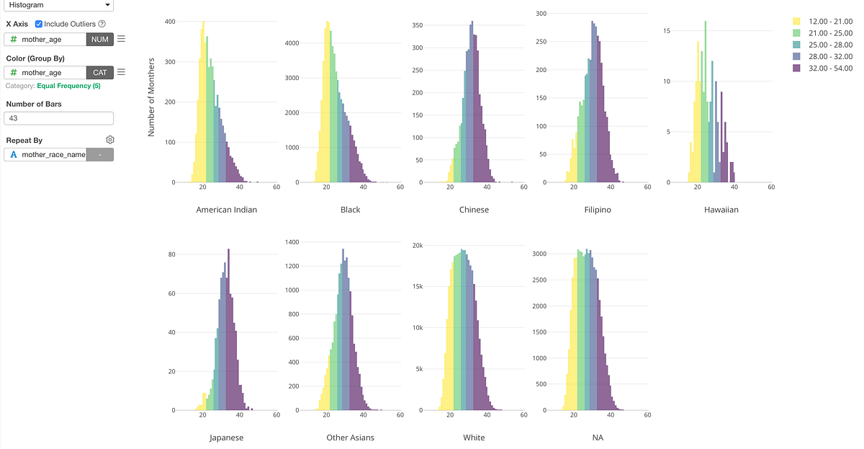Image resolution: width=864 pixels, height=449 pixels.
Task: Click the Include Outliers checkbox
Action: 39,24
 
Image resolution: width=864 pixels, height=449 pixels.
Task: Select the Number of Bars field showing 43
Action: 59,118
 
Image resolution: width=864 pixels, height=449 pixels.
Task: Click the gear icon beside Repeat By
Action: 110,140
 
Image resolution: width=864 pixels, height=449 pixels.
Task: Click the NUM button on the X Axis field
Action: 100,39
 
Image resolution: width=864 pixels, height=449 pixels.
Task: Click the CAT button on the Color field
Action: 100,72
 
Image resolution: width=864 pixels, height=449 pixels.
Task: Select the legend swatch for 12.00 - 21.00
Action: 796,22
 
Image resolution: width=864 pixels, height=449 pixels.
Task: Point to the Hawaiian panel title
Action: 721,210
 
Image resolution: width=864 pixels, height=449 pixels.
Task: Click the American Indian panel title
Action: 227,210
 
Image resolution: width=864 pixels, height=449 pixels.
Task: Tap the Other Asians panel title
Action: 350,437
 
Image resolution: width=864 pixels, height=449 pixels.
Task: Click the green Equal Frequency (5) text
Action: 68,86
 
